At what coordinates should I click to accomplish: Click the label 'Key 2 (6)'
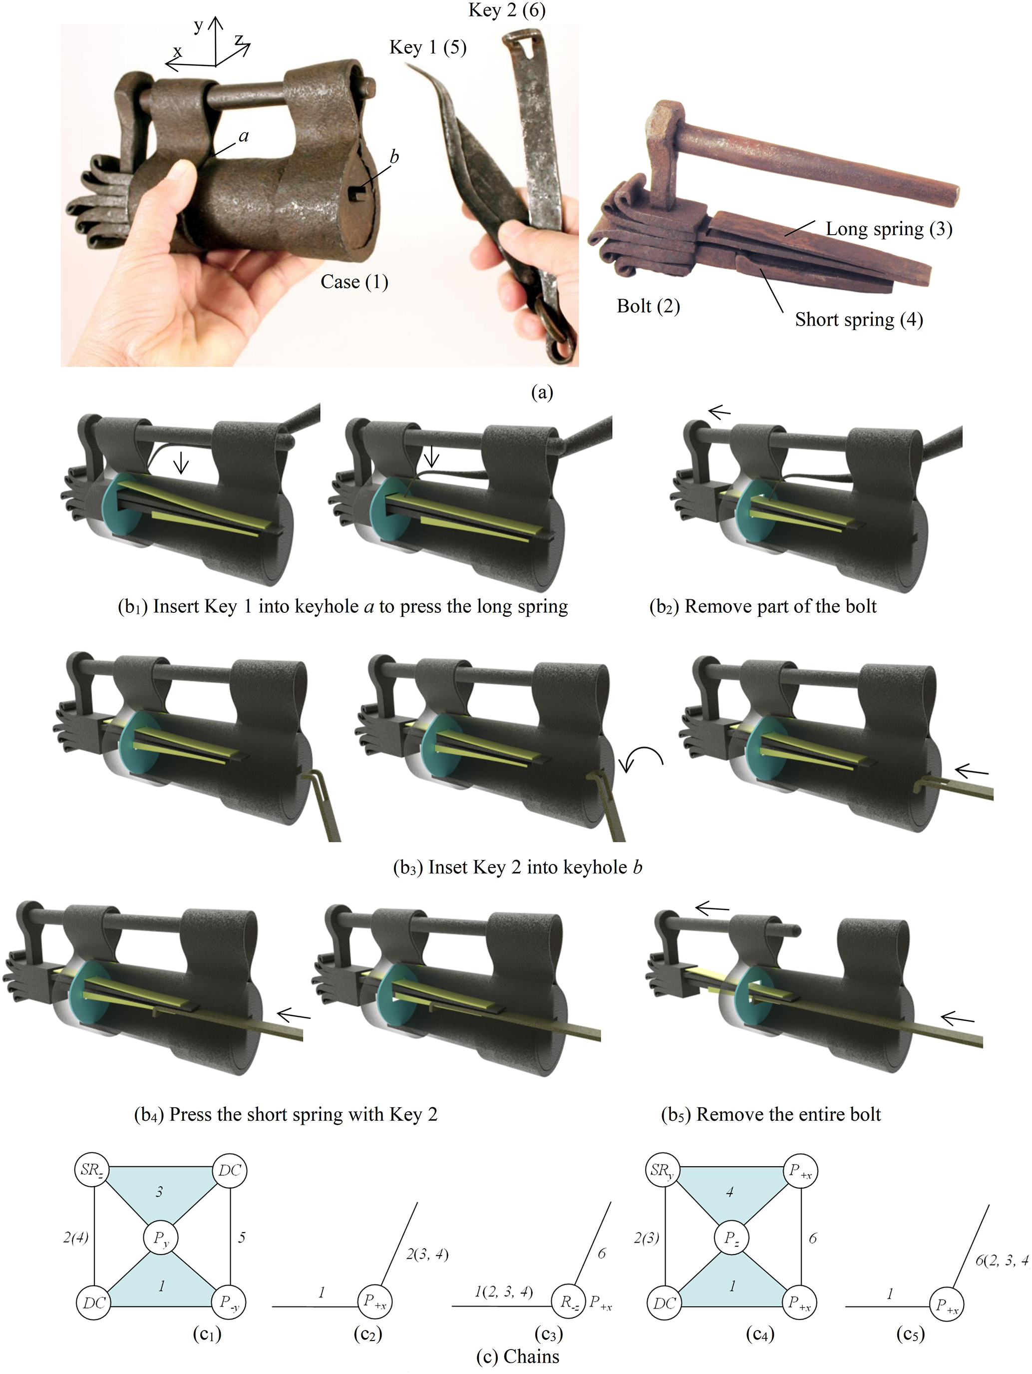point(507,10)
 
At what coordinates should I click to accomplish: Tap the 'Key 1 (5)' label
point(428,47)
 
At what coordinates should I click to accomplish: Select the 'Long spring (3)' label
point(889,229)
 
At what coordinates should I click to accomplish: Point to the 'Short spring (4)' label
point(859,319)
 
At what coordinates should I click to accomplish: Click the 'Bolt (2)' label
point(648,306)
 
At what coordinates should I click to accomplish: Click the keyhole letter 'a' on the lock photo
point(244,136)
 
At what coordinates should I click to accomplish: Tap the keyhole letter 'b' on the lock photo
point(393,157)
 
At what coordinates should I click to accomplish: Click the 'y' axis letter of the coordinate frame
point(198,26)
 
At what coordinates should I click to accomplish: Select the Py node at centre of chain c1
point(161,1237)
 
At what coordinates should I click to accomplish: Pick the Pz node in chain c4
point(732,1237)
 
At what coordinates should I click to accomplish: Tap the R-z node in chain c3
point(569,1302)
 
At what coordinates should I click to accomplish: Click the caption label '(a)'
point(541,392)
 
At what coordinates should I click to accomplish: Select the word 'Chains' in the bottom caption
point(532,1356)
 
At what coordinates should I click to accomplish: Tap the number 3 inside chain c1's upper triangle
point(160,1191)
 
